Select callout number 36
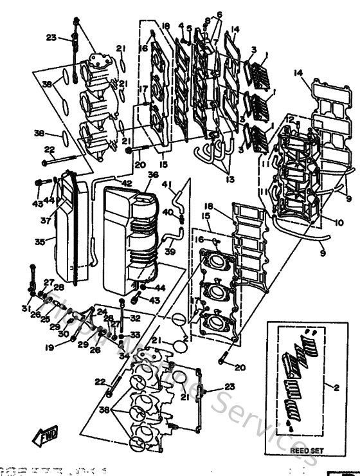click(x=152, y=174)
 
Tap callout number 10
click(x=339, y=223)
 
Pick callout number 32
click(x=135, y=318)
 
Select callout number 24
click(x=102, y=311)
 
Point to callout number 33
click(x=134, y=334)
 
